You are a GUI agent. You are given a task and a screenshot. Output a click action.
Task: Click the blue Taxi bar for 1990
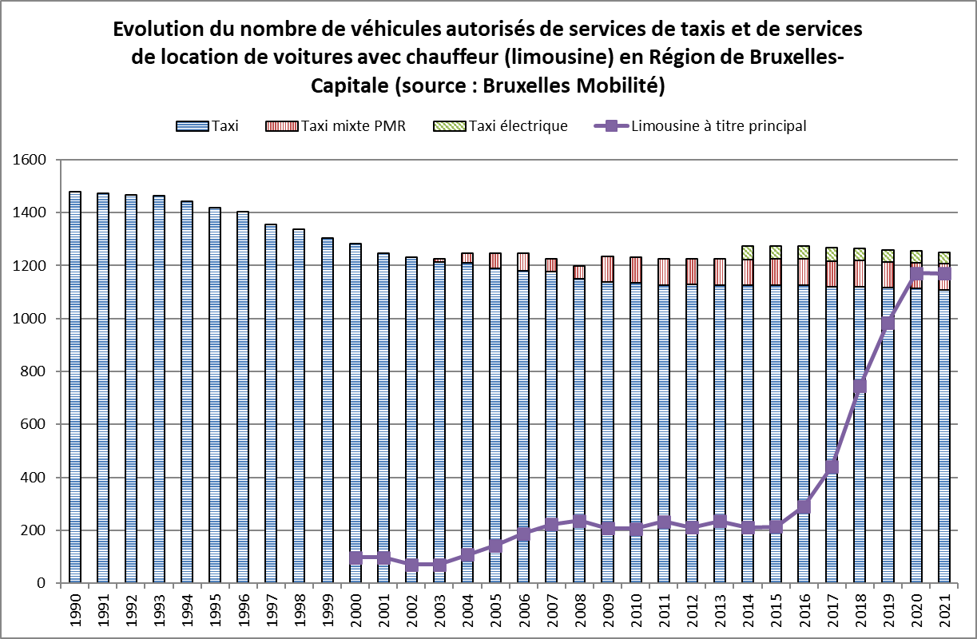click(75, 387)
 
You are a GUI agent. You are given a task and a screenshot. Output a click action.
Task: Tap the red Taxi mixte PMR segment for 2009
click(607, 268)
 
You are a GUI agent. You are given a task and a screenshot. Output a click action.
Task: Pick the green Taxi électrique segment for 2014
click(748, 252)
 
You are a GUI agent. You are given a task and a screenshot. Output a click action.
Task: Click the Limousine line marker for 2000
click(355, 558)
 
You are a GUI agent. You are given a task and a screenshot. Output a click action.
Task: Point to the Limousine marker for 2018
click(860, 387)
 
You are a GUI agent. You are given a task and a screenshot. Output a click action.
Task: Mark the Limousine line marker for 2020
click(915, 273)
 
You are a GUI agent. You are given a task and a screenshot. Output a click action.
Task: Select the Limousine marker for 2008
click(579, 522)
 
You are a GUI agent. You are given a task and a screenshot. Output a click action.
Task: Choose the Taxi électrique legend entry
click(500, 125)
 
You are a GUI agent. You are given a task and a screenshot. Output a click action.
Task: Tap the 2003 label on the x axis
click(439, 610)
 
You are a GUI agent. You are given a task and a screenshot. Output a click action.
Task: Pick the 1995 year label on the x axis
click(215, 610)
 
